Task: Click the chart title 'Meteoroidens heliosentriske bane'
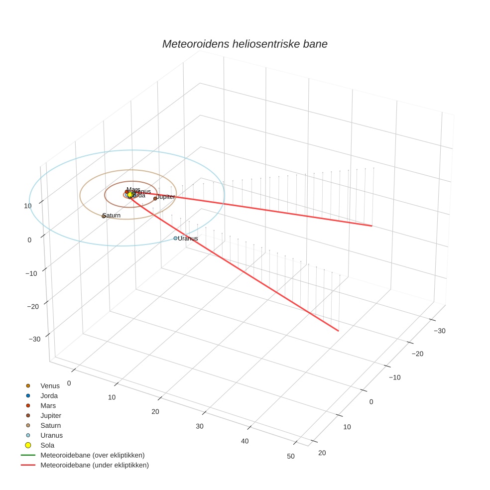pyautogui.click(x=245, y=44)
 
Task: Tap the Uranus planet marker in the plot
pyautogui.click(x=175, y=239)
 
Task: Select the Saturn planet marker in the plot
pyautogui.click(x=104, y=216)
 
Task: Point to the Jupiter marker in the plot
pyautogui.click(x=155, y=198)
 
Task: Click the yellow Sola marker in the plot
pyautogui.click(x=130, y=195)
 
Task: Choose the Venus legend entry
pyautogui.click(x=50, y=386)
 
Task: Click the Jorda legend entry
pyautogui.click(x=49, y=396)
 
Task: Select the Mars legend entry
pyautogui.click(x=48, y=406)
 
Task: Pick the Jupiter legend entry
pyautogui.click(x=51, y=416)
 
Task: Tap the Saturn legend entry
pyautogui.click(x=50, y=426)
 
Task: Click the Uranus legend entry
pyautogui.click(x=51, y=435)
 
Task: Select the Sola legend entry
pyautogui.click(x=47, y=445)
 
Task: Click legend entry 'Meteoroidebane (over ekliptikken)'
pyautogui.click(x=92, y=455)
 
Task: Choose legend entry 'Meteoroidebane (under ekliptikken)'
pyautogui.click(x=94, y=465)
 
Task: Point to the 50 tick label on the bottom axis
pyautogui.click(x=291, y=457)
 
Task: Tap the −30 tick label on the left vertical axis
pyautogui.click(x=34, y=339)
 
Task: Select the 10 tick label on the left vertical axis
pyautogui.click(x=27, y=206)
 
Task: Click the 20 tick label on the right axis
pyautogui.click(x=322, y=453)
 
